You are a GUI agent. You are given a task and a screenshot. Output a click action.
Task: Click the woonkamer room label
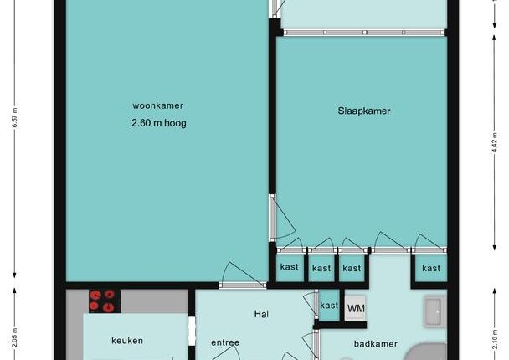pyautogui.click(x=157, y=105)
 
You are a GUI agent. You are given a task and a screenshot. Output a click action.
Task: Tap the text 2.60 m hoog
pyautogui.click(x=159, y=123)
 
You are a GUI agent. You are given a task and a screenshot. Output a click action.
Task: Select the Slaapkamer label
pyautogui.click(x=364, y=111)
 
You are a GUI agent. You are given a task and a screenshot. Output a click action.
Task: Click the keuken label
pyautogui.click(x=127, y=341)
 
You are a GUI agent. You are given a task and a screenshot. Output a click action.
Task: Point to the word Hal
pyautogui.click(x=261, y=314)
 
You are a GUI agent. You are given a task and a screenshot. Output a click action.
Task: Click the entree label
pyautogui.click(x=225, y=342)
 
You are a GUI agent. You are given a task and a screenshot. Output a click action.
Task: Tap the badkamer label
pyautogui.click(x=376, y=344)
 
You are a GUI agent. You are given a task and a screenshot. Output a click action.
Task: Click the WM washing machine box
pyautogui.click(x=356, y=308)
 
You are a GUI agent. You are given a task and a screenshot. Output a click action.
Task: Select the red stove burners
pyautogui.click(x=102, y=301)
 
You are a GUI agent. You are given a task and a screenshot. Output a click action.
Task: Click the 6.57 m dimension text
pyautogui.click(x=14, y=118)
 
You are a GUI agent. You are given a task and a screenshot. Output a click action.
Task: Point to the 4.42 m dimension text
pyautogui.click(x=495, y=143)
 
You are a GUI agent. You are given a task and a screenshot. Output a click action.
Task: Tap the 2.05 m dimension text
pyautogui.click(x=14, y=338)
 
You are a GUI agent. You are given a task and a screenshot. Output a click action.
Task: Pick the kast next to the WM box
pyautogui.click(x=329, y=305)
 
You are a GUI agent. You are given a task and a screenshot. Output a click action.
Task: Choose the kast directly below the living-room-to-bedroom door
pyautogui.click(x=289, y=267)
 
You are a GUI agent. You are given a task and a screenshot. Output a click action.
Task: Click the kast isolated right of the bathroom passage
pyautogui.click(x=431, y=268)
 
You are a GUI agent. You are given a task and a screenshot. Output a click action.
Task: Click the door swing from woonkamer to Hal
pyautogui.click(x=242, y=273)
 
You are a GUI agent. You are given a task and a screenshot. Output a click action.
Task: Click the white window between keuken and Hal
pyautogui.click(x=192, y=331)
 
